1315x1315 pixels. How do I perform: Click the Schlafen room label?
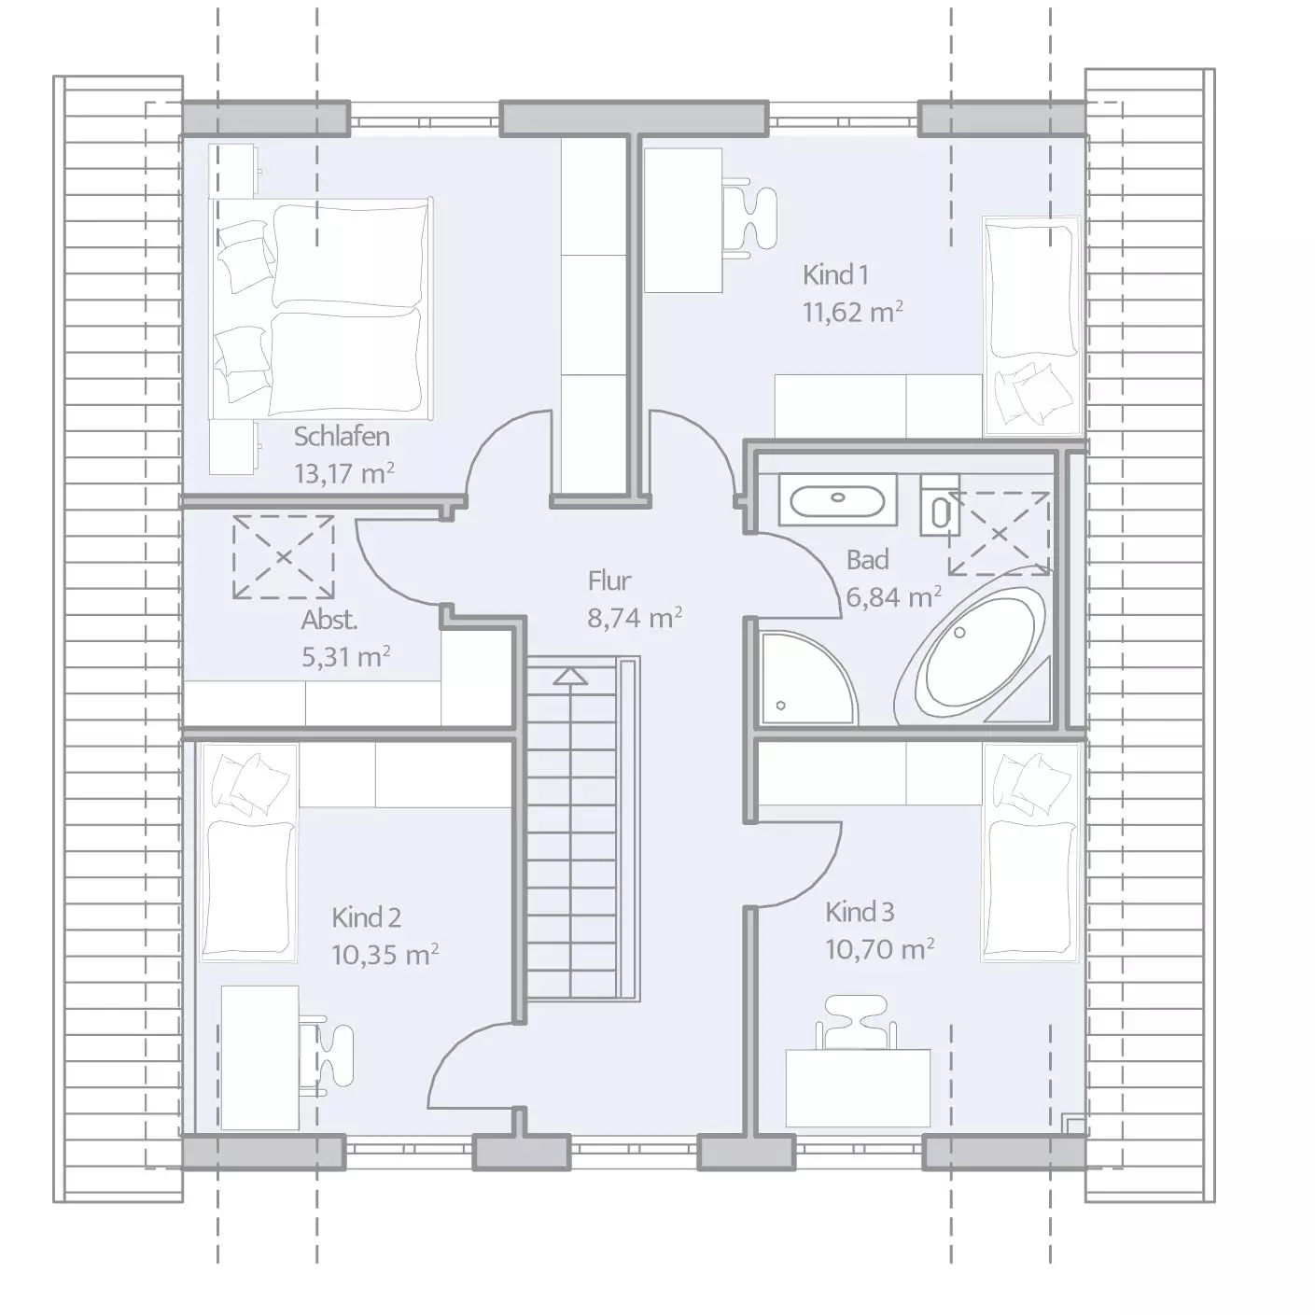point(342,437)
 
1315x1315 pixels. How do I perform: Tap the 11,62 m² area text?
point(852,312)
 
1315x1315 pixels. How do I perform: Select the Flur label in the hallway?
point(609,581)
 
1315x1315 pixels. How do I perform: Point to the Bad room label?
point(867,560)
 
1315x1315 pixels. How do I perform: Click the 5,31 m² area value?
point(346,656)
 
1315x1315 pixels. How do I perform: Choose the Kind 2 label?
point(366,917)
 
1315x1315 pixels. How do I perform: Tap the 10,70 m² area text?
point(879,948)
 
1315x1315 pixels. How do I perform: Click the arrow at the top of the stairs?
point(570,677)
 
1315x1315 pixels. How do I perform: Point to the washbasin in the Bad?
point(838,500)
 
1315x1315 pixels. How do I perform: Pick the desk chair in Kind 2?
point(328,1055)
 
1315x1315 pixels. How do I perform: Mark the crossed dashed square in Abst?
point(283,557)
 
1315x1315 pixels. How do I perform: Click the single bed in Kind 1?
point(1032,327)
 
